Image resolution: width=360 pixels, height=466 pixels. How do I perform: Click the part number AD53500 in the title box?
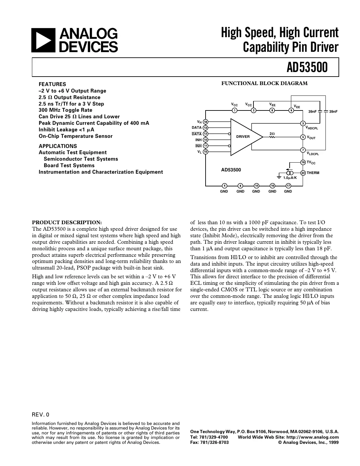pos(307,67)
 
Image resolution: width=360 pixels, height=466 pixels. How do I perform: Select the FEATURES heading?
pos(52,84)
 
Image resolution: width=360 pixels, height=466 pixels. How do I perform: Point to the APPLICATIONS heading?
pos(58,146)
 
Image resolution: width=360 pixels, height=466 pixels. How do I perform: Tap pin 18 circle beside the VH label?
pos(206,122)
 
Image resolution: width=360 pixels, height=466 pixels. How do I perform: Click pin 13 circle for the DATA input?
pos(206,128)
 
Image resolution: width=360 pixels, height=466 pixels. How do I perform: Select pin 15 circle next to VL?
pos(206,152)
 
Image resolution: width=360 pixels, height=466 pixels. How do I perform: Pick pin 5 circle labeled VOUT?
pos(303,137)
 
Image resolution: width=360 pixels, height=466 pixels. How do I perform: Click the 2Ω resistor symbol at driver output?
pos(272,137)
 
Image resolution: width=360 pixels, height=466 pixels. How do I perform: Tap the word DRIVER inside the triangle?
pos(243,137)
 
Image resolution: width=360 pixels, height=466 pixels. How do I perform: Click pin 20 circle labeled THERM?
pos(303,173)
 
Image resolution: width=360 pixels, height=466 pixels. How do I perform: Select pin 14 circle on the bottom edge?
pos(256,186)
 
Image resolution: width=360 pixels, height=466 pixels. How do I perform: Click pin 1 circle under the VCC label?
pos(234,110)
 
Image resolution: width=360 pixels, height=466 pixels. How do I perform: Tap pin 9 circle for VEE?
pos(292,110)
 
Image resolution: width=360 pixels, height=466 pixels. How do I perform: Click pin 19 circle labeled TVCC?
pos(303,162)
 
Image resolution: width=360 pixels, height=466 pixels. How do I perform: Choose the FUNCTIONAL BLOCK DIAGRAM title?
pos(264,83)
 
